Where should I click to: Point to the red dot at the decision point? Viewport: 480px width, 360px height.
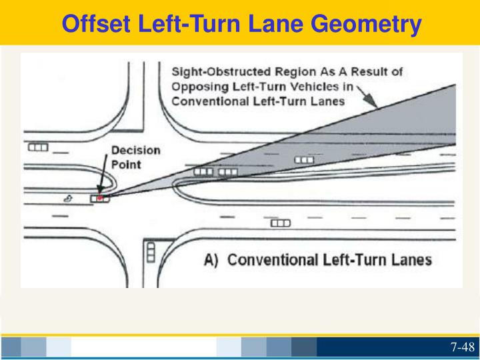(100, 197)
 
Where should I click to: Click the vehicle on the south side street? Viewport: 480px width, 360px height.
(151, 251)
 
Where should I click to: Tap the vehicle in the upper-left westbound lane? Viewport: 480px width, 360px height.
(37, 147)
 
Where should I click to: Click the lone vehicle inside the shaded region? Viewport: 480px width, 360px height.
(304, 160)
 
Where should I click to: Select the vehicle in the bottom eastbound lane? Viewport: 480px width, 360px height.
(280, 223)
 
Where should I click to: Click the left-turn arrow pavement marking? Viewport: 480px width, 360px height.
(67, 198)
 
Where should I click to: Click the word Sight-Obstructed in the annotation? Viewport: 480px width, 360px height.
(215, 71)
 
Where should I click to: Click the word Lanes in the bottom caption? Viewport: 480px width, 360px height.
(407, 259)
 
